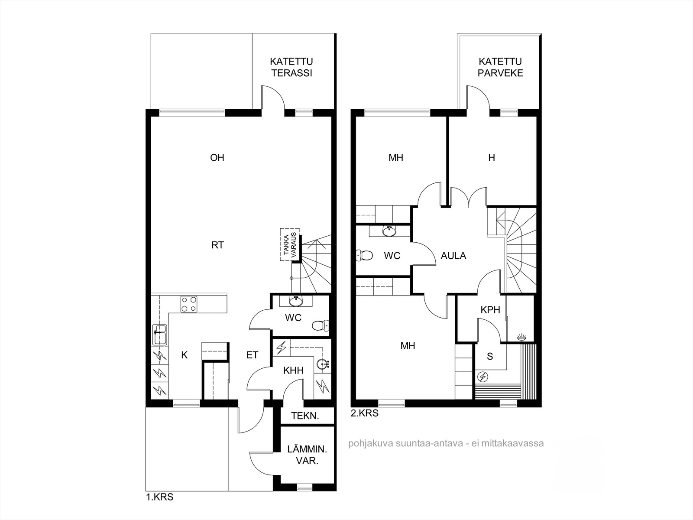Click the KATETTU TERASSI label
(291, 67)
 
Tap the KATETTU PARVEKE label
(500, 67)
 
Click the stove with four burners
(188, 304)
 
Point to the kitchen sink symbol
(160, 335)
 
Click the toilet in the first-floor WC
(320, 325)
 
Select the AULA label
(453, 256)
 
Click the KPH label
(490, 310)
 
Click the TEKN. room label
(305, 416)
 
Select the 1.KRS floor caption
(160, 497)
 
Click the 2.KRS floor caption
(364, 413)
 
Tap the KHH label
(293, 370)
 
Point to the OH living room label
(217, 158)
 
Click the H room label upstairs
(491, 158)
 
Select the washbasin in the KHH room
(323, 364)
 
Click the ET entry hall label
(252, 355)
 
